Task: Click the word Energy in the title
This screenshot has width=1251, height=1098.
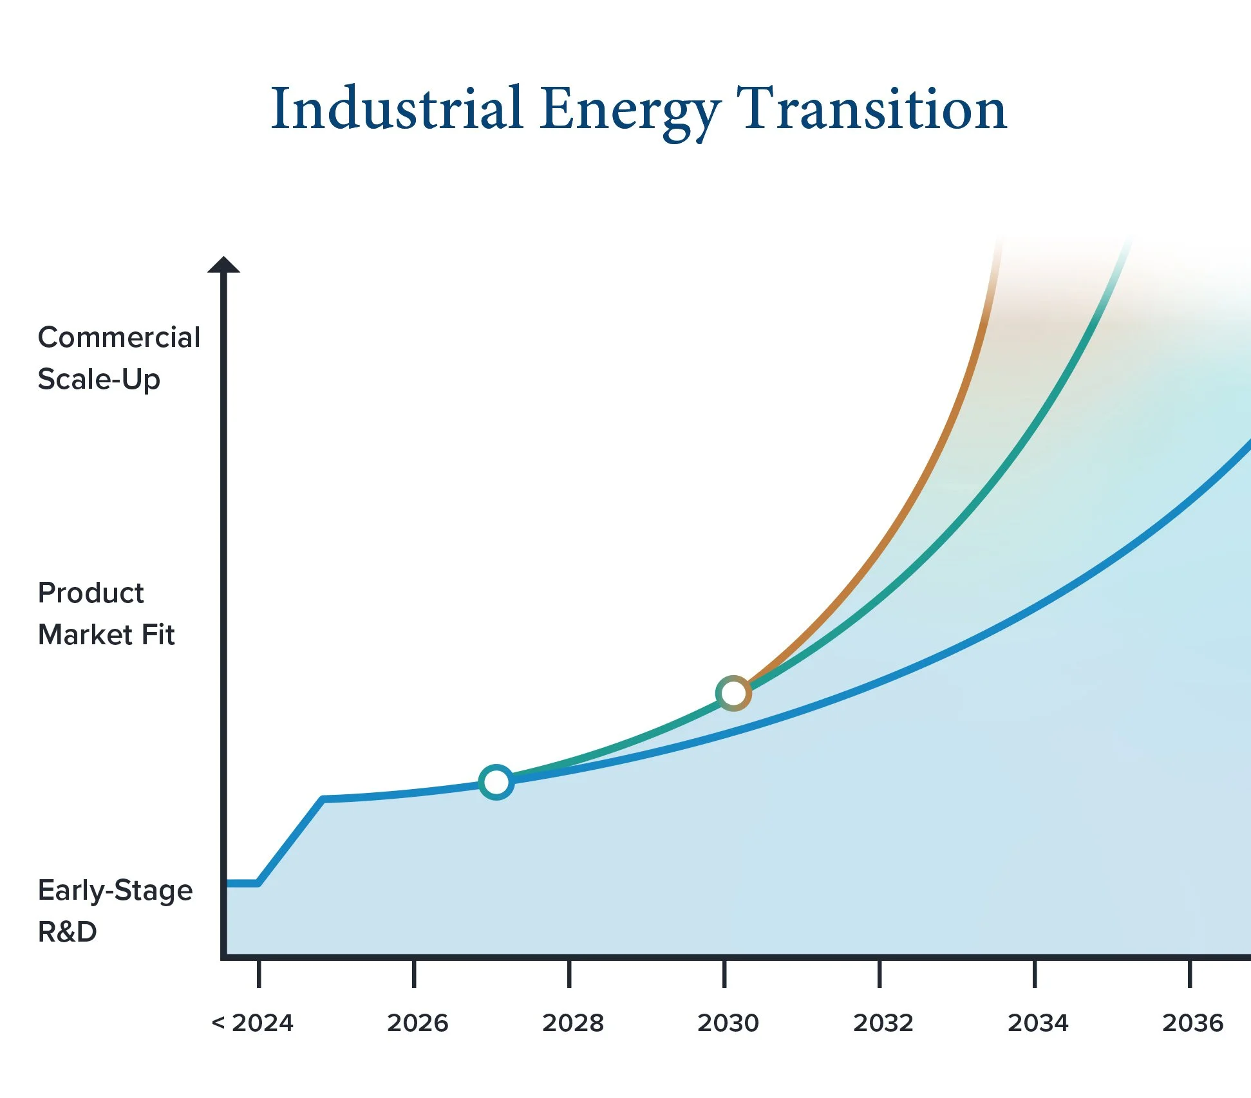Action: pos(629,113)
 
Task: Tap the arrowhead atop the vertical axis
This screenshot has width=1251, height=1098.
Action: pos(223,265)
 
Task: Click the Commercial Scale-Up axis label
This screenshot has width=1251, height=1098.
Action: pos(119,358)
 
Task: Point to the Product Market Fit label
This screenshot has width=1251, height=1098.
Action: pos(106,613)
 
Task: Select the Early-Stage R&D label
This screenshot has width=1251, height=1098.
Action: pos(115,911)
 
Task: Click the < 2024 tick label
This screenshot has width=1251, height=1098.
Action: pos(252,1023)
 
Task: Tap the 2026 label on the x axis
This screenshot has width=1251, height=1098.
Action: pos(417,1023)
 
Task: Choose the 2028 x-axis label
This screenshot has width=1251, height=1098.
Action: pos(573,1023)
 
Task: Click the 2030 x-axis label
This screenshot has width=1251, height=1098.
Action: pos(728,1023)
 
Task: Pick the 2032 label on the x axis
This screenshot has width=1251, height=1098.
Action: pos(883,1023)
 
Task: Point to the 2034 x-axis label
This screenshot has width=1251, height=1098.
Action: pos(1038,1023)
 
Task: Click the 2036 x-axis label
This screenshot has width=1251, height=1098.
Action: pos(1192,1023)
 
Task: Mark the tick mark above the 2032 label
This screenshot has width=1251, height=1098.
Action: pos(879,974)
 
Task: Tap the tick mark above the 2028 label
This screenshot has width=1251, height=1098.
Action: pos(569,974)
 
